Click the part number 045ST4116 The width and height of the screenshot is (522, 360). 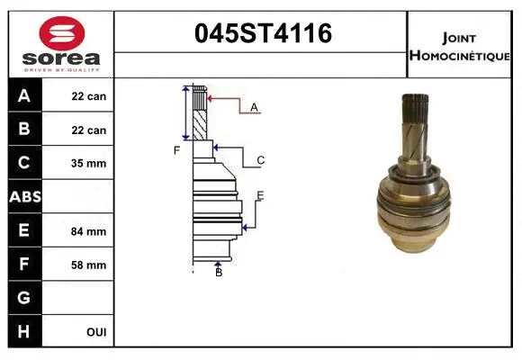pos(264,33)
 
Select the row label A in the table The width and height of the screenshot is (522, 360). pos(23,95)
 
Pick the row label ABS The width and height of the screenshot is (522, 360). pos(23,196)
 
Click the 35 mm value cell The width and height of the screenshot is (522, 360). pos(89,164)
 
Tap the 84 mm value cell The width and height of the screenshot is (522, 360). pos(89,231)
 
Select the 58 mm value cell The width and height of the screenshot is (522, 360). pos(89,265)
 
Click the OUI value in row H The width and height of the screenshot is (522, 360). pos(95,332)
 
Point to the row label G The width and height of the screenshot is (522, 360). pos(23,298)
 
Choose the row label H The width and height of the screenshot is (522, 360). pos(23,331)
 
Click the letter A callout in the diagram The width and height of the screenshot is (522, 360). pos(254,107)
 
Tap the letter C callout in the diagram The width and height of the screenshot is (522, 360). pos(260,161)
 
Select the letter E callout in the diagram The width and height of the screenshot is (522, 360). pos(260,195)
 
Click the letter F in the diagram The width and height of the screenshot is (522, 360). pos(177,150)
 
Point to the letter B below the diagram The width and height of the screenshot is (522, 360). pos(218,273)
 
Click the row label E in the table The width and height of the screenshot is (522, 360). pos(23,230)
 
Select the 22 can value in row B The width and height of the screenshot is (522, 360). pos(89,130)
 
